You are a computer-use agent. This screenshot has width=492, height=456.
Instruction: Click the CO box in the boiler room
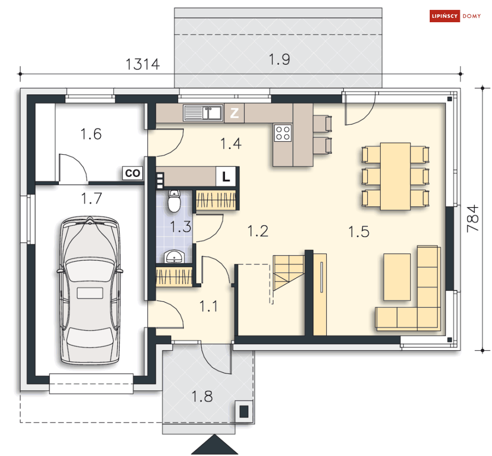coord(133,173)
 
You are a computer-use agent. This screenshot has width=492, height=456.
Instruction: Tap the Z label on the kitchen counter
coord(234,113)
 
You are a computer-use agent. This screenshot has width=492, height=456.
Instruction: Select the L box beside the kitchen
coord(225,176)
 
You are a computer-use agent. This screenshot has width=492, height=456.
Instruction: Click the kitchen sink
coord(203,113)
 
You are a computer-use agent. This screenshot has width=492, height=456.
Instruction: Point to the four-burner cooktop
coord(283,133)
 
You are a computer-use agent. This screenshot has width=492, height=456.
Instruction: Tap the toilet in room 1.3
coord(174,201)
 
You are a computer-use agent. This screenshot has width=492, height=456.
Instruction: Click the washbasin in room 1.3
coord(174,256)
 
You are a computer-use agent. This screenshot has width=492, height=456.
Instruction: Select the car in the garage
coord(90,290)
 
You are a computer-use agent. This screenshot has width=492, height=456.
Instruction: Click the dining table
coord(396,176)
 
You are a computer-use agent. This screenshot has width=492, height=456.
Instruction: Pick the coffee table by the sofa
coord(397,277)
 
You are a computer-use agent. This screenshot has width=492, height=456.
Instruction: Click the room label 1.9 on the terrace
coord(279,59)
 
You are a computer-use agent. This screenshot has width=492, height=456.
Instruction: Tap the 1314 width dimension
coord(143,64)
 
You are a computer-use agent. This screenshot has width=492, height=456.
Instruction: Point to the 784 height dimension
coord(473,218)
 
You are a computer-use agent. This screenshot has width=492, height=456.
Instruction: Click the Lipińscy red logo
coord(445,16)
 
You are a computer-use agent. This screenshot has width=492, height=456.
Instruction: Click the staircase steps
coord(288,273)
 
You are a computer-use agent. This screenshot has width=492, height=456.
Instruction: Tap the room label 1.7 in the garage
coord(91,199)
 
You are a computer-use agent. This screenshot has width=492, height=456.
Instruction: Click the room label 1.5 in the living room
coord(359,232)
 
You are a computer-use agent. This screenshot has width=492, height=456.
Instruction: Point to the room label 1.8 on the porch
coord(202,396)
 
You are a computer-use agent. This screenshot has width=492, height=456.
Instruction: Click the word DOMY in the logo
coord(472,16)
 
